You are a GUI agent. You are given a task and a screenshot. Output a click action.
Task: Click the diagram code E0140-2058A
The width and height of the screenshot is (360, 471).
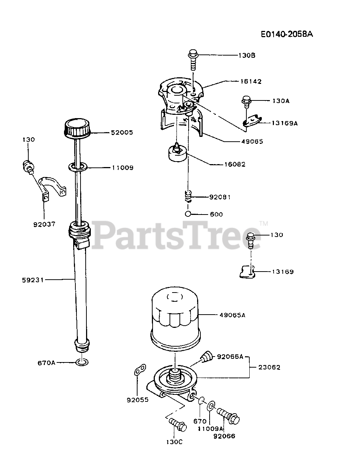287,34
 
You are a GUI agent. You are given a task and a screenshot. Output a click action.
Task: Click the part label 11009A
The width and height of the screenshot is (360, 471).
211,429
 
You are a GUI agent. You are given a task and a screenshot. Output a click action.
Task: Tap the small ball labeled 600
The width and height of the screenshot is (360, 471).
188,214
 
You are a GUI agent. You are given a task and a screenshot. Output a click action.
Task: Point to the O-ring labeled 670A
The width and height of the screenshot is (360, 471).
82,362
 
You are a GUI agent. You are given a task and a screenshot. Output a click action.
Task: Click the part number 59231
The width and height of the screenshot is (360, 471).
33,280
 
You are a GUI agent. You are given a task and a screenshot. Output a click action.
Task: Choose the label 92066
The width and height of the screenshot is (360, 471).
224,436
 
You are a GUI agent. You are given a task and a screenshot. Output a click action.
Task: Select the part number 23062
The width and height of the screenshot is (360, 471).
270,367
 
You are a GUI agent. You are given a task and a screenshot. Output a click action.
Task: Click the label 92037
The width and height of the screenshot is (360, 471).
44,224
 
